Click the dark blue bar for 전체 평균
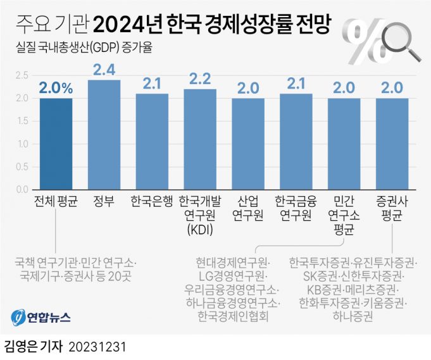point(56,144)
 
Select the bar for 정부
point(104,135)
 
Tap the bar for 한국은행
point(152,142)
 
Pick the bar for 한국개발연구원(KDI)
point(200,139)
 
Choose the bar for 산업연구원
point(248,144)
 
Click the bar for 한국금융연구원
point(296,142)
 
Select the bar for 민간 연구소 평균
point(344,144)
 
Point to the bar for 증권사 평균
point(392,144)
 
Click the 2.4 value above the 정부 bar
point(104,70)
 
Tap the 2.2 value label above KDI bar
point(200,79)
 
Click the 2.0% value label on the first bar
point(56,88)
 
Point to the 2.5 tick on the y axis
point(22,75)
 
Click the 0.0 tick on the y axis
point(22,189)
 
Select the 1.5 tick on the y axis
point(22,121)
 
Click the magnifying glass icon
point(401,41)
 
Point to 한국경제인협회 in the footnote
point(234,314)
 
